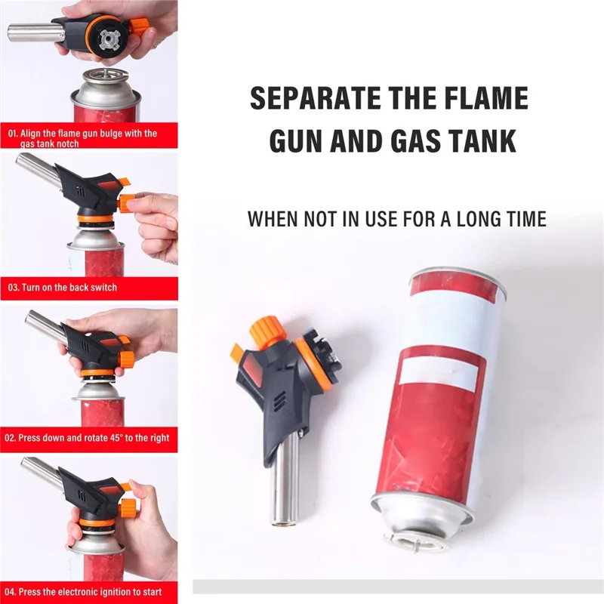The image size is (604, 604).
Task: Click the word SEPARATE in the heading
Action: click(x=314, y=98)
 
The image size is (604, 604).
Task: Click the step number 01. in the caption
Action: click(x=13, y=134)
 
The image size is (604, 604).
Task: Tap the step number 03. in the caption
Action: click(x=14, y=288)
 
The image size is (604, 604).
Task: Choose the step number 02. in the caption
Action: click(x=10, y=438)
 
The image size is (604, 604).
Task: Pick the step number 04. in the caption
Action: click(x=11, y=592)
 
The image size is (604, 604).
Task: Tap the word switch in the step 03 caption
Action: click(x=103, y=288)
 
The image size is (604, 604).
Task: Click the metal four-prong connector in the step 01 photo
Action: click(x=109, y=40)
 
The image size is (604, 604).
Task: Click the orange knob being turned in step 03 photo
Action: click(x=126, y=203)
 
